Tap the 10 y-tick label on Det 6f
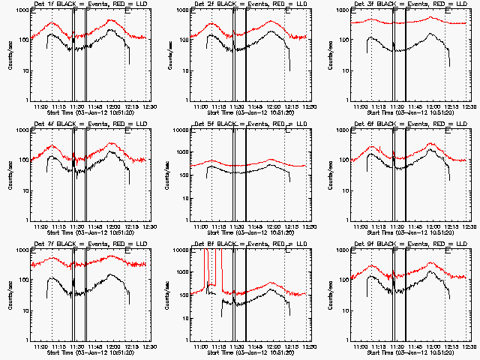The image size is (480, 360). coord(343,190)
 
